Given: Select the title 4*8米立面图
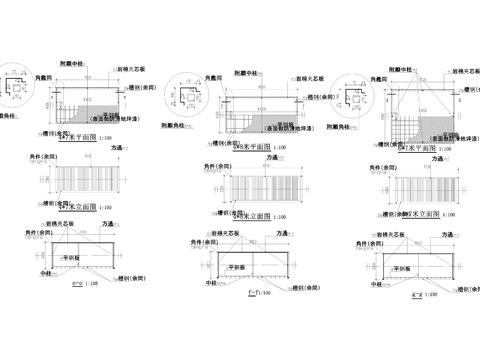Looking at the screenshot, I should point(246,214).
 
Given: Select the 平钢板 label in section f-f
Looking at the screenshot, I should point(237,268).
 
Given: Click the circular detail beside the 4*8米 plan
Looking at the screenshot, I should point(190,98).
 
